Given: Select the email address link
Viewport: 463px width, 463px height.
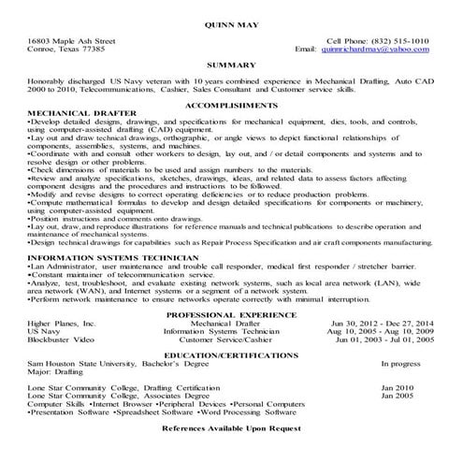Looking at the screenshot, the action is [380, 51].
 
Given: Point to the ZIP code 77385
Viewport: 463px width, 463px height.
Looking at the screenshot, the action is [95, 51].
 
